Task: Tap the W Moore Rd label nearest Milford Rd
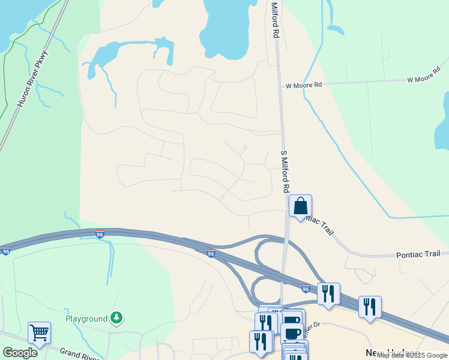[304, 86]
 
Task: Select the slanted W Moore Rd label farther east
[424, 79]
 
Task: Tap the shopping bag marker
[300, 206]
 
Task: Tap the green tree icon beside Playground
[116, 318]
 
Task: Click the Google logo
[20, 353]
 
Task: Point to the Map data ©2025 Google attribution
[412, 355]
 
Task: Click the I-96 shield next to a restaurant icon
[306, 289]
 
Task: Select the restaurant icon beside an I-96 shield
[328, 293]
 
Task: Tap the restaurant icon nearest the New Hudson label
[370, 307]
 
